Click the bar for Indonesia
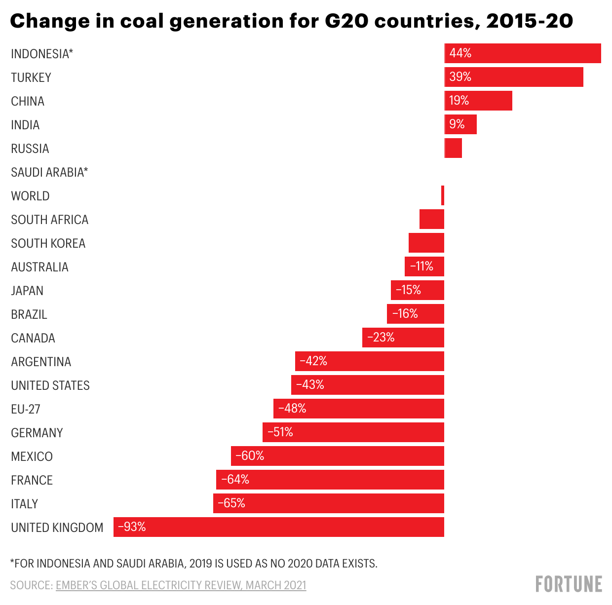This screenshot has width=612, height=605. pos(522,53)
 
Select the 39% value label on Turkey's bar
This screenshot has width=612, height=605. pos(460,77)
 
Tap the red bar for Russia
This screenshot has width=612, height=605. pos(453,148)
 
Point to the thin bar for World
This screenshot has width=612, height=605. pos(443,195)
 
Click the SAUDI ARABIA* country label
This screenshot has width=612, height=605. pos(49,172)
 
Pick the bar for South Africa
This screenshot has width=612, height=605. pos(432,219)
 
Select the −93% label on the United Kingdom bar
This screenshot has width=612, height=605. pos(132,527)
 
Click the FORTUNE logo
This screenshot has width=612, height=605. pos(569,584)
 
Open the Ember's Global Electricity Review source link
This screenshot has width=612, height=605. pos(181,585)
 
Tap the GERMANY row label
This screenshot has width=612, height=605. pos(37,433)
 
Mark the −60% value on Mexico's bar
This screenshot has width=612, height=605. pos(250,456)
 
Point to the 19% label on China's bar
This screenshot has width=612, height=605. pos(459,101)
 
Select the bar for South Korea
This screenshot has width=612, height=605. pos(426,243)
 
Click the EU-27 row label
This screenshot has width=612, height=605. pos(26,409)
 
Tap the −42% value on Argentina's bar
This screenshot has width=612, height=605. pos(313,361)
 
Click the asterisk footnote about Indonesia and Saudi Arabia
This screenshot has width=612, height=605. pos(193,564)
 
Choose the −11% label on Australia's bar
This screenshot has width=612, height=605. pos(421,266)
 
